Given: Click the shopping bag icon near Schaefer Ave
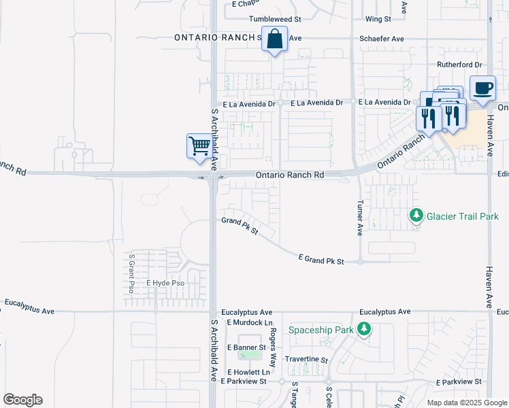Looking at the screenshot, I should [x=274, y=41].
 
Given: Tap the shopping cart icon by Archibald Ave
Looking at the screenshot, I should [x=199, y=146].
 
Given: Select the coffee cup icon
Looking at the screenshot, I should [x=482, y=88].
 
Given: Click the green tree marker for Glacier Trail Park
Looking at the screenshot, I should [x=416, y=216].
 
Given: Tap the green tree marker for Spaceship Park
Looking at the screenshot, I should [x=365, y=330].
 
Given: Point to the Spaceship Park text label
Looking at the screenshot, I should [x=322, y=330].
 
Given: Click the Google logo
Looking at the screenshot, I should [x=22, y=400].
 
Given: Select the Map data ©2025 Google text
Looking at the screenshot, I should [x=466, y=403].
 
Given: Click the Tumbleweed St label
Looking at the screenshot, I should [x=269, y=19].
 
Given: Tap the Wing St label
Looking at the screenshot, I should [x=378, y=19].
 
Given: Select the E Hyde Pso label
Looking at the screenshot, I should [x=165, y=282].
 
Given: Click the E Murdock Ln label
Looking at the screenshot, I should [x=250, y=322].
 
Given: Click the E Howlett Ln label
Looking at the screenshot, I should [x=249, y=372].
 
